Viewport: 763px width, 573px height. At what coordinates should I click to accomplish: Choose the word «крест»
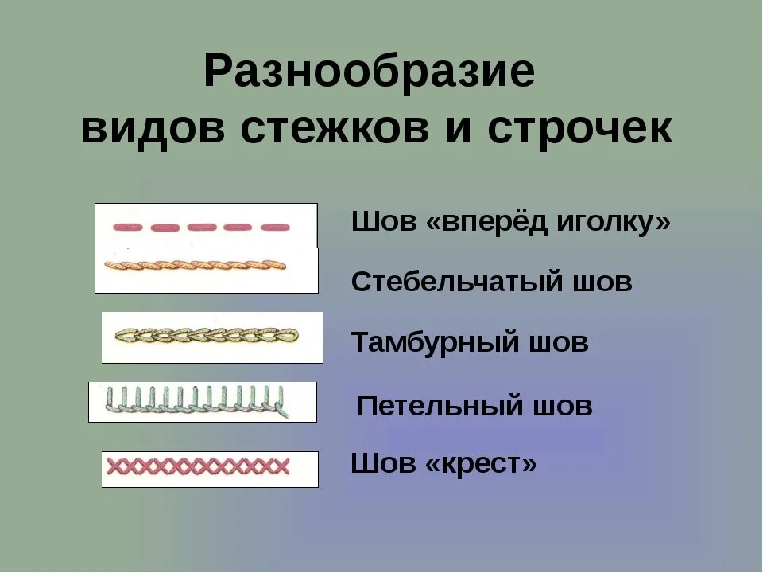click(482, 463)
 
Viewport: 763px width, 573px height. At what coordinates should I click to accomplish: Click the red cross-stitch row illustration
click(199, 466)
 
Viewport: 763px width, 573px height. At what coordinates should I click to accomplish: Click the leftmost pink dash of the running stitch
click(127, 227)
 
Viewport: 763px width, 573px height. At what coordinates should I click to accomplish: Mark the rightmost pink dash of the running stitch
click(275, 227)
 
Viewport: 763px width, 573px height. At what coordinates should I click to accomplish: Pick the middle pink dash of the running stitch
click(202, 227)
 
